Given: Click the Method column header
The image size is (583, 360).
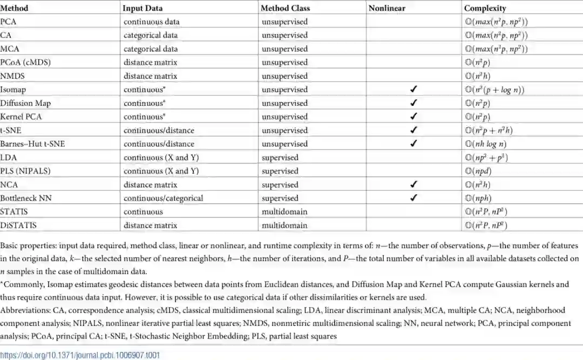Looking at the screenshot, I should [15, 8].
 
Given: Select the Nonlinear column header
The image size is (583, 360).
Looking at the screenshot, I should [387, 8].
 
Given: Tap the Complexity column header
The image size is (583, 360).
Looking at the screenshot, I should [485, 8].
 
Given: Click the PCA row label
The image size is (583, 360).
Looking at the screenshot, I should [8, 22].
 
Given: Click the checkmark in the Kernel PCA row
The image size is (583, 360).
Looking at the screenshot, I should [413, 117].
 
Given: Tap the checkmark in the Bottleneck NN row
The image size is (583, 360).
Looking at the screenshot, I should [413, 198].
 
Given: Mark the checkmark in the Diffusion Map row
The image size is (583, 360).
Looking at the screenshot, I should [413, 103].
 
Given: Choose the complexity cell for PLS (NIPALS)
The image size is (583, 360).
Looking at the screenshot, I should [479, 171].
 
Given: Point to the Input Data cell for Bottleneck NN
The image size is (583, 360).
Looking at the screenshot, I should [164, 198].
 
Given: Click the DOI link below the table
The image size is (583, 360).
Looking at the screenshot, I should [80, 355].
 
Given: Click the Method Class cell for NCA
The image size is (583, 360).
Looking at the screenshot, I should [280, 185].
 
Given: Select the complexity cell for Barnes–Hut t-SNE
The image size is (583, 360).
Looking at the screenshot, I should [487, 144].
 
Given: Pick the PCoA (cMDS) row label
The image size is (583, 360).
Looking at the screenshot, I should [25, 63].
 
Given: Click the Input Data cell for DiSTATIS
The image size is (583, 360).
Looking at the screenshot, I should [150, 225].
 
